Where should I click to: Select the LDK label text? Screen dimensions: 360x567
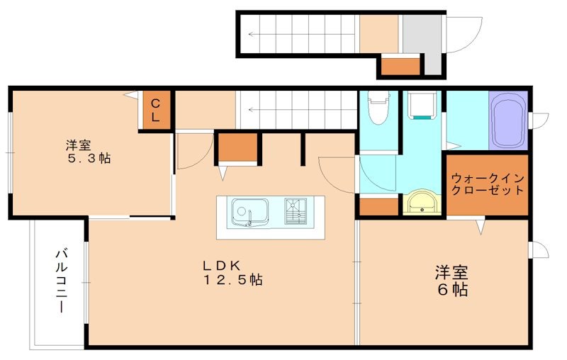pyautogui.click(x=222, y=264)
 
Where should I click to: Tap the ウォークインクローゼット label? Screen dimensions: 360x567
pyautogui.click(x=487, y=184)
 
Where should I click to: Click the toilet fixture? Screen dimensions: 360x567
pyautogui.click(x=379, y=109)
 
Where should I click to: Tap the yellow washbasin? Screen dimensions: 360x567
pyautogui.click(x=422, y=203)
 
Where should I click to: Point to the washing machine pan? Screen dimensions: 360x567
pyautogui.click(x=424, y=108)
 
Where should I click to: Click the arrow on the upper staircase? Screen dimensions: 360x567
pyautogui.click(x=298, y=33)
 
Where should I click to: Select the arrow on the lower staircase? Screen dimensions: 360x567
pyautogui.click(x=298, y=111)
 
